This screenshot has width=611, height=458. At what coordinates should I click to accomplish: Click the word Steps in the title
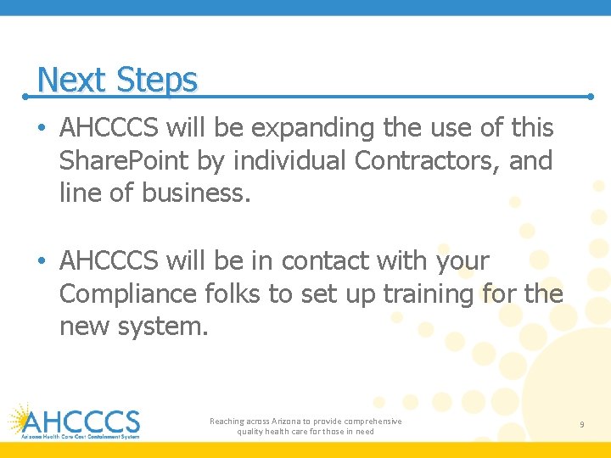(157, 81)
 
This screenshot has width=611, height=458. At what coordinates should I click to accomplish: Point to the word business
(197, 193)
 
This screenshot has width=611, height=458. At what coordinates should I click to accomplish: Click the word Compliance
(128, 294)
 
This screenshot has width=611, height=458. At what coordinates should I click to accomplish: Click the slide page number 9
(581, 424)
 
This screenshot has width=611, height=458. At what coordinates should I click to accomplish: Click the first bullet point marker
(42, 129)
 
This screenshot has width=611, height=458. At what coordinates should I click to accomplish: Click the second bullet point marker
(42, 261)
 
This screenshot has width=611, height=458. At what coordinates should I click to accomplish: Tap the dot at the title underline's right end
(591, 97)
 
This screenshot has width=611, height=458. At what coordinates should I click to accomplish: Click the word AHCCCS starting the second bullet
(111, 261)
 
